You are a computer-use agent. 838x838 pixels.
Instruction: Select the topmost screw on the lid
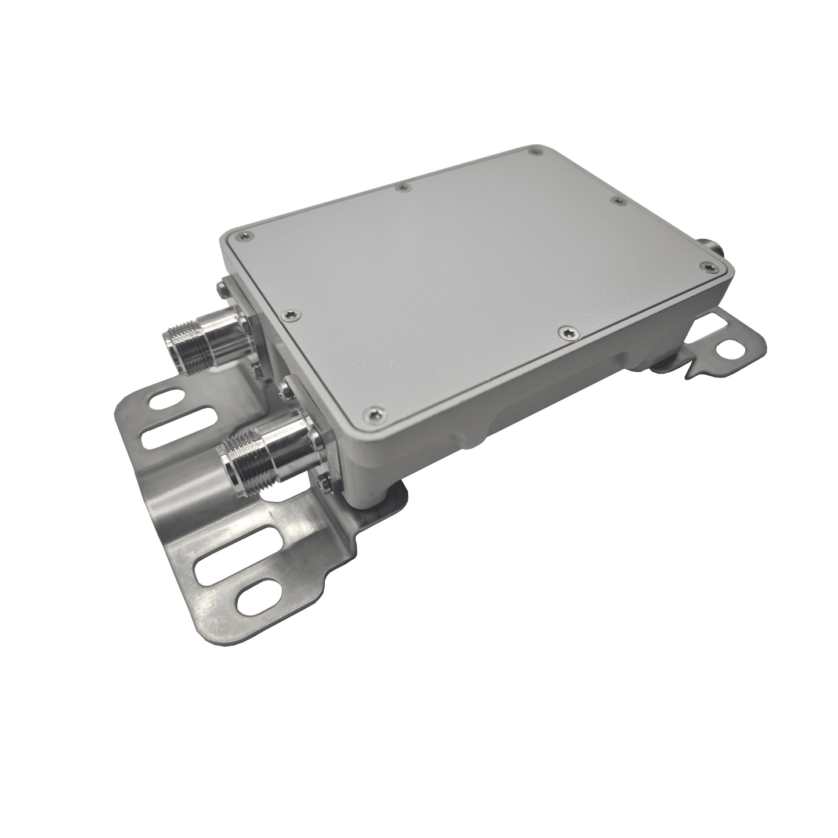point(534,151)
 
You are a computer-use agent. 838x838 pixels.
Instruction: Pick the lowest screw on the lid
point(372,413)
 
